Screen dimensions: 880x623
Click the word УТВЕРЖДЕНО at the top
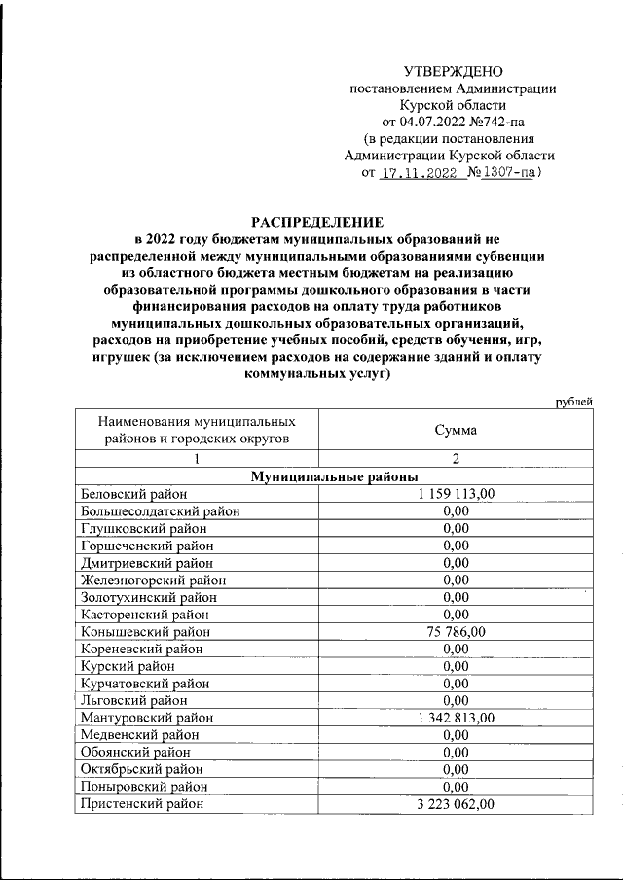(x=454, y=72)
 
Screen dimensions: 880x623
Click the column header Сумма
(x=456, y=430)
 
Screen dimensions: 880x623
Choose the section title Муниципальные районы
(x=334, y=476)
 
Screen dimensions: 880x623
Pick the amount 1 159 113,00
(x=456, y=494)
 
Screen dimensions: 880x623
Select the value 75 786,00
(x=456, y=631)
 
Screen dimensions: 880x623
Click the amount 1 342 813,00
(x=456, y=718)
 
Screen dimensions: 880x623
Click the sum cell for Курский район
(x=456, y=666)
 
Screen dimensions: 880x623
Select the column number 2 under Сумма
(x=456, y=458)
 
